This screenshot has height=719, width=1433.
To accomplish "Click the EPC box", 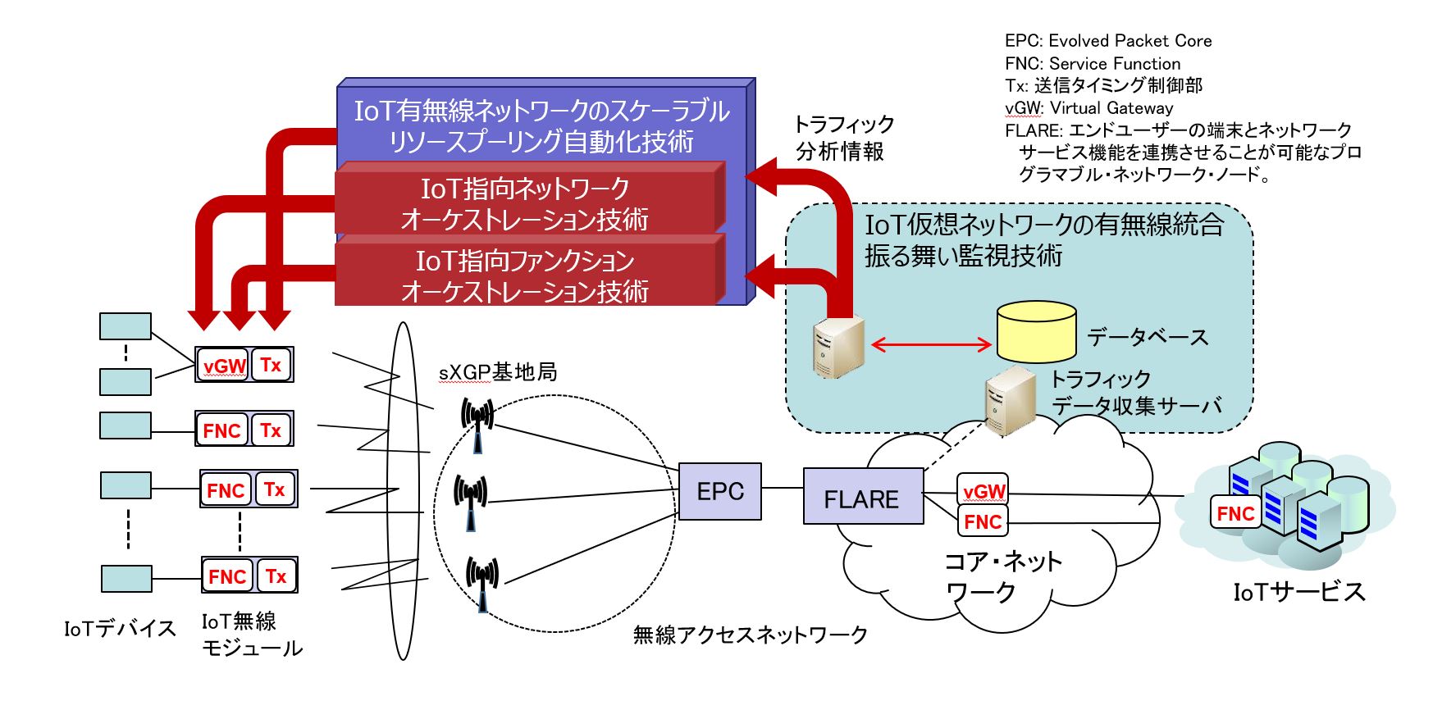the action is point(720,491).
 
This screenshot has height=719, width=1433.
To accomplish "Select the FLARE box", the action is point(862,497).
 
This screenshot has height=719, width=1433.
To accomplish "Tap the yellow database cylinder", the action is point(1036,332).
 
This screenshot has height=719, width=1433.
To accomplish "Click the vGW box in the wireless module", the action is point(223,366).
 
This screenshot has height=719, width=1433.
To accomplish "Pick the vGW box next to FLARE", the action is point(983,491).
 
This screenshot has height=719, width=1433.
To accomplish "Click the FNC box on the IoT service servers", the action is point(1235,513).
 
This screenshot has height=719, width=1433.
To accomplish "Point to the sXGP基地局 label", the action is point(497,372).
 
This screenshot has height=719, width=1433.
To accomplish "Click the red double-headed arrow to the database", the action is point(931,345).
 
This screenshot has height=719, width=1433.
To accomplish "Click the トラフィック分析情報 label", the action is point(843,138).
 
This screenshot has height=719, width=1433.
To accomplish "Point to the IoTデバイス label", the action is point(120,629).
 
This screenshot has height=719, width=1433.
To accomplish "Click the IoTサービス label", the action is point(1299,591).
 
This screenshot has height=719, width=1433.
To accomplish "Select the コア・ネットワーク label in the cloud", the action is point(1003,576).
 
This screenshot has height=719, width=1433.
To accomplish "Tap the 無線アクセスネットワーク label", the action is point(751,635).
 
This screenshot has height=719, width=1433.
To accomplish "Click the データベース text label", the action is point(1148,337).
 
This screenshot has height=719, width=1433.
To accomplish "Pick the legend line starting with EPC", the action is point(1108,41).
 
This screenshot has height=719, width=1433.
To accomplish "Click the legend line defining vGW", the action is point(1089,108).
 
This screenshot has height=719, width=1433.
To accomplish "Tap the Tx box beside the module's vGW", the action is point(271,365).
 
